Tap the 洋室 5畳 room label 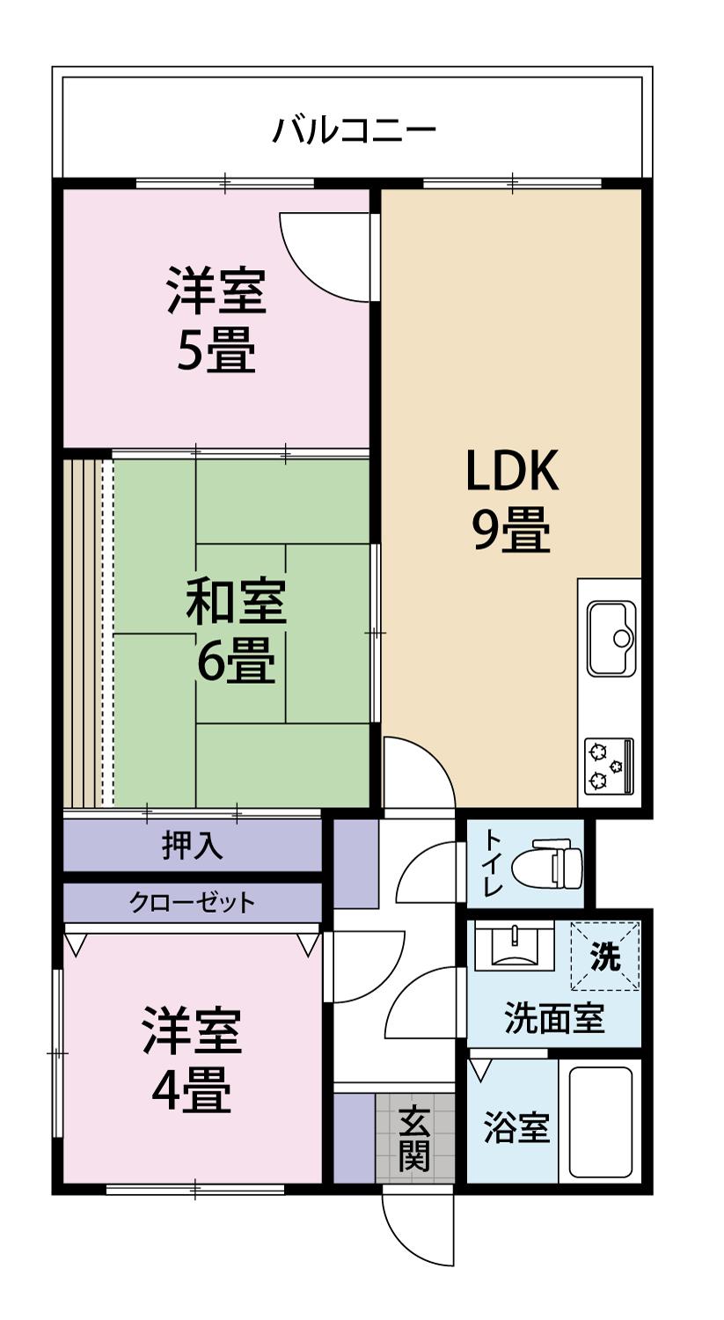point(216,320)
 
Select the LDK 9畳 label point(511,502)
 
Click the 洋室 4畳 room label point(192,1060)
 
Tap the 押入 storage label point(192,846)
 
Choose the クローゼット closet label point(192,902)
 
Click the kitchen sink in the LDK point(611,638)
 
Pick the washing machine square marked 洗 point(604,956)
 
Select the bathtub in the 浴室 point(601,1122)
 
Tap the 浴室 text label point(516,1129)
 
